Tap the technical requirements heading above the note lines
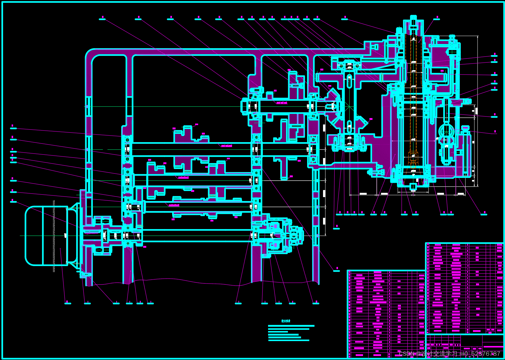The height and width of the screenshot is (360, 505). [286, 321]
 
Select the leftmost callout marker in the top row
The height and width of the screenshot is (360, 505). [102, 19]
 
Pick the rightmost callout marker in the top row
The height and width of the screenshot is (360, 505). [437, 18]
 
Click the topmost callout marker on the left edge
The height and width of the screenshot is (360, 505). [13, 128]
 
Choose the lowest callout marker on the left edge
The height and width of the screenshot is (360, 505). [13, 201]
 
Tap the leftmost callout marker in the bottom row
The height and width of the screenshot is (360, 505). [67, 303]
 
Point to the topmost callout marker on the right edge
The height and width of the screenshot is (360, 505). [494, 55]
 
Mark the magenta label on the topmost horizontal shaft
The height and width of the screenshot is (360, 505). [282, 103]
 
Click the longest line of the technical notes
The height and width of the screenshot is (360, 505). [291, 326]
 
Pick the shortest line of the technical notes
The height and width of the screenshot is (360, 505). [278, 332]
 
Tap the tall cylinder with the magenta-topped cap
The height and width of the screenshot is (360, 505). [465, 151]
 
